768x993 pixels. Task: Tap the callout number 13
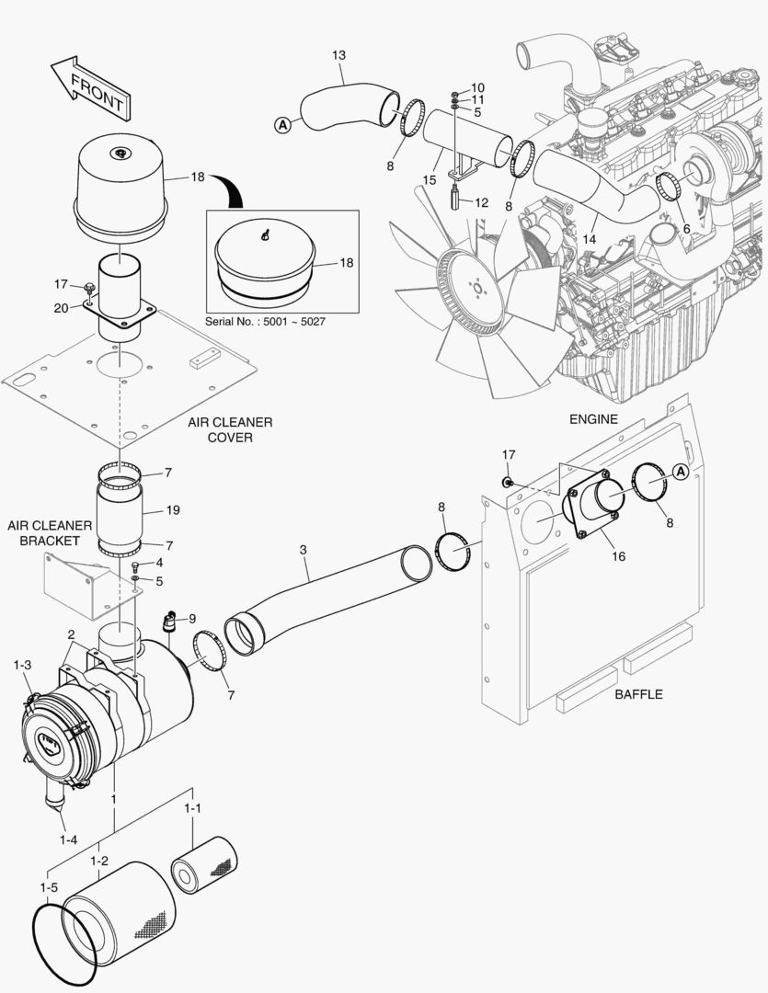click(x=338, y=56)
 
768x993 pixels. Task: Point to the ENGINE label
click(x=592, y=419)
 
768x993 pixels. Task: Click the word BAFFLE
click(x=638, y=694)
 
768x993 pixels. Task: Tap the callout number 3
click(x=303, y=550)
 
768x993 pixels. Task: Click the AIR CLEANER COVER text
click(x=230, y=429)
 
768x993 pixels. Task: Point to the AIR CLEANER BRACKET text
click(x=50, y=532)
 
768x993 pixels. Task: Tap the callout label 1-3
click(x=22, y=664)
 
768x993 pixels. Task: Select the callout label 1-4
click(x=69, y=839)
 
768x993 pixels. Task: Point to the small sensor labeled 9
click(x=169, y=622)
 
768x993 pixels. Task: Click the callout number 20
click(x=61, y=308)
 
